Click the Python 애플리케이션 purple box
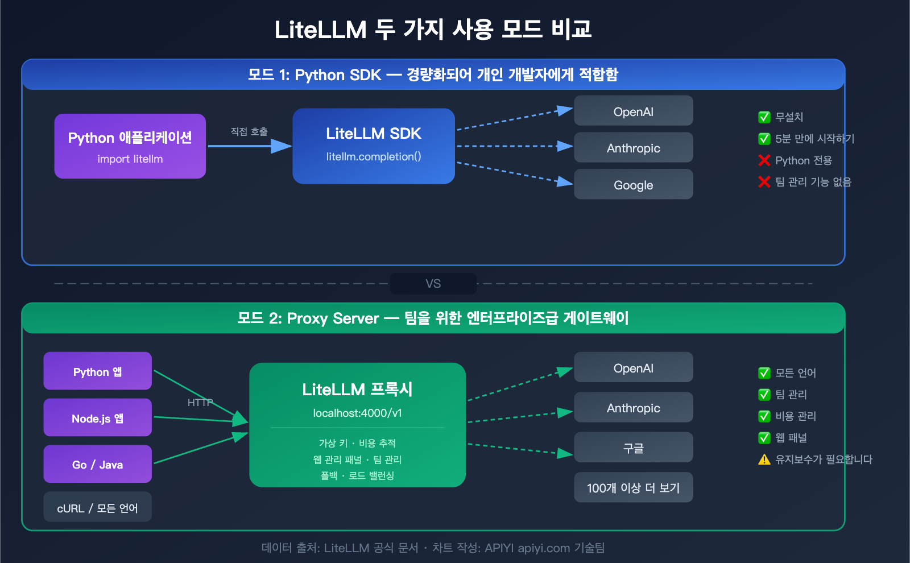(130, 146)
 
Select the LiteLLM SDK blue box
(374, 146)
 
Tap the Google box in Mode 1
(633, 184)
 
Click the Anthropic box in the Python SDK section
(633, 148)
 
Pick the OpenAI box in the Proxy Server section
(633, 367)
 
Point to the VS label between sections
(433, 283)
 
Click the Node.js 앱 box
(97, 417)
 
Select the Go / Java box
(97, 464)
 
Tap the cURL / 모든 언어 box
(97, 507)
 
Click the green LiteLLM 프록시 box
(357, 425)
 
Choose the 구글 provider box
(633, 448)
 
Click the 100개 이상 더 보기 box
(633, 487)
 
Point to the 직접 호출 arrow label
(249, 132)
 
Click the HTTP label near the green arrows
(200, 403)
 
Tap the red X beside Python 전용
(764, 160)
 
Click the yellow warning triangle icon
(764, 459)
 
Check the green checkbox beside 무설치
(764, 117)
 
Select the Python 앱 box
(97, 371)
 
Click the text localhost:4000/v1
(357, 413)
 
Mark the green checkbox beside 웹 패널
(764, 438)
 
